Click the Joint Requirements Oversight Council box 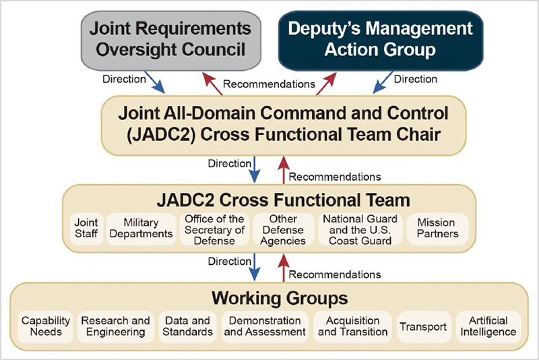(x=171, y=41)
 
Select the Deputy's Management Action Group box (x=381, y=41)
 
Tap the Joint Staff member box (x=86, y=229)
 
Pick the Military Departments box (x=141, y=229)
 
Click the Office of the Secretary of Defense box (x=214, y=229)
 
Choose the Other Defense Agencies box (x=283, y=229)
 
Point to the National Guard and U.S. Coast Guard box (x=360, y=229)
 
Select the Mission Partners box (x=437, y=229)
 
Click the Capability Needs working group (x=45, y=327)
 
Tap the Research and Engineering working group (x=115, y=327)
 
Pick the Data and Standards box (x=188, y=327)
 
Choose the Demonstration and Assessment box (x=265, y=327)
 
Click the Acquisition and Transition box (x=352, y=327)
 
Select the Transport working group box (x=424, y=327)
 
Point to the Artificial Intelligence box (x=488, y=327)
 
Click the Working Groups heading (x=280, y=299)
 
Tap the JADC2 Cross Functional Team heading (x=283, y=200)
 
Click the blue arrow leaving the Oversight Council (x=155, y=82)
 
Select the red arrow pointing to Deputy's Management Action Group (x=326, y=83)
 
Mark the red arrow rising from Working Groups (x=284, y=268)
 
